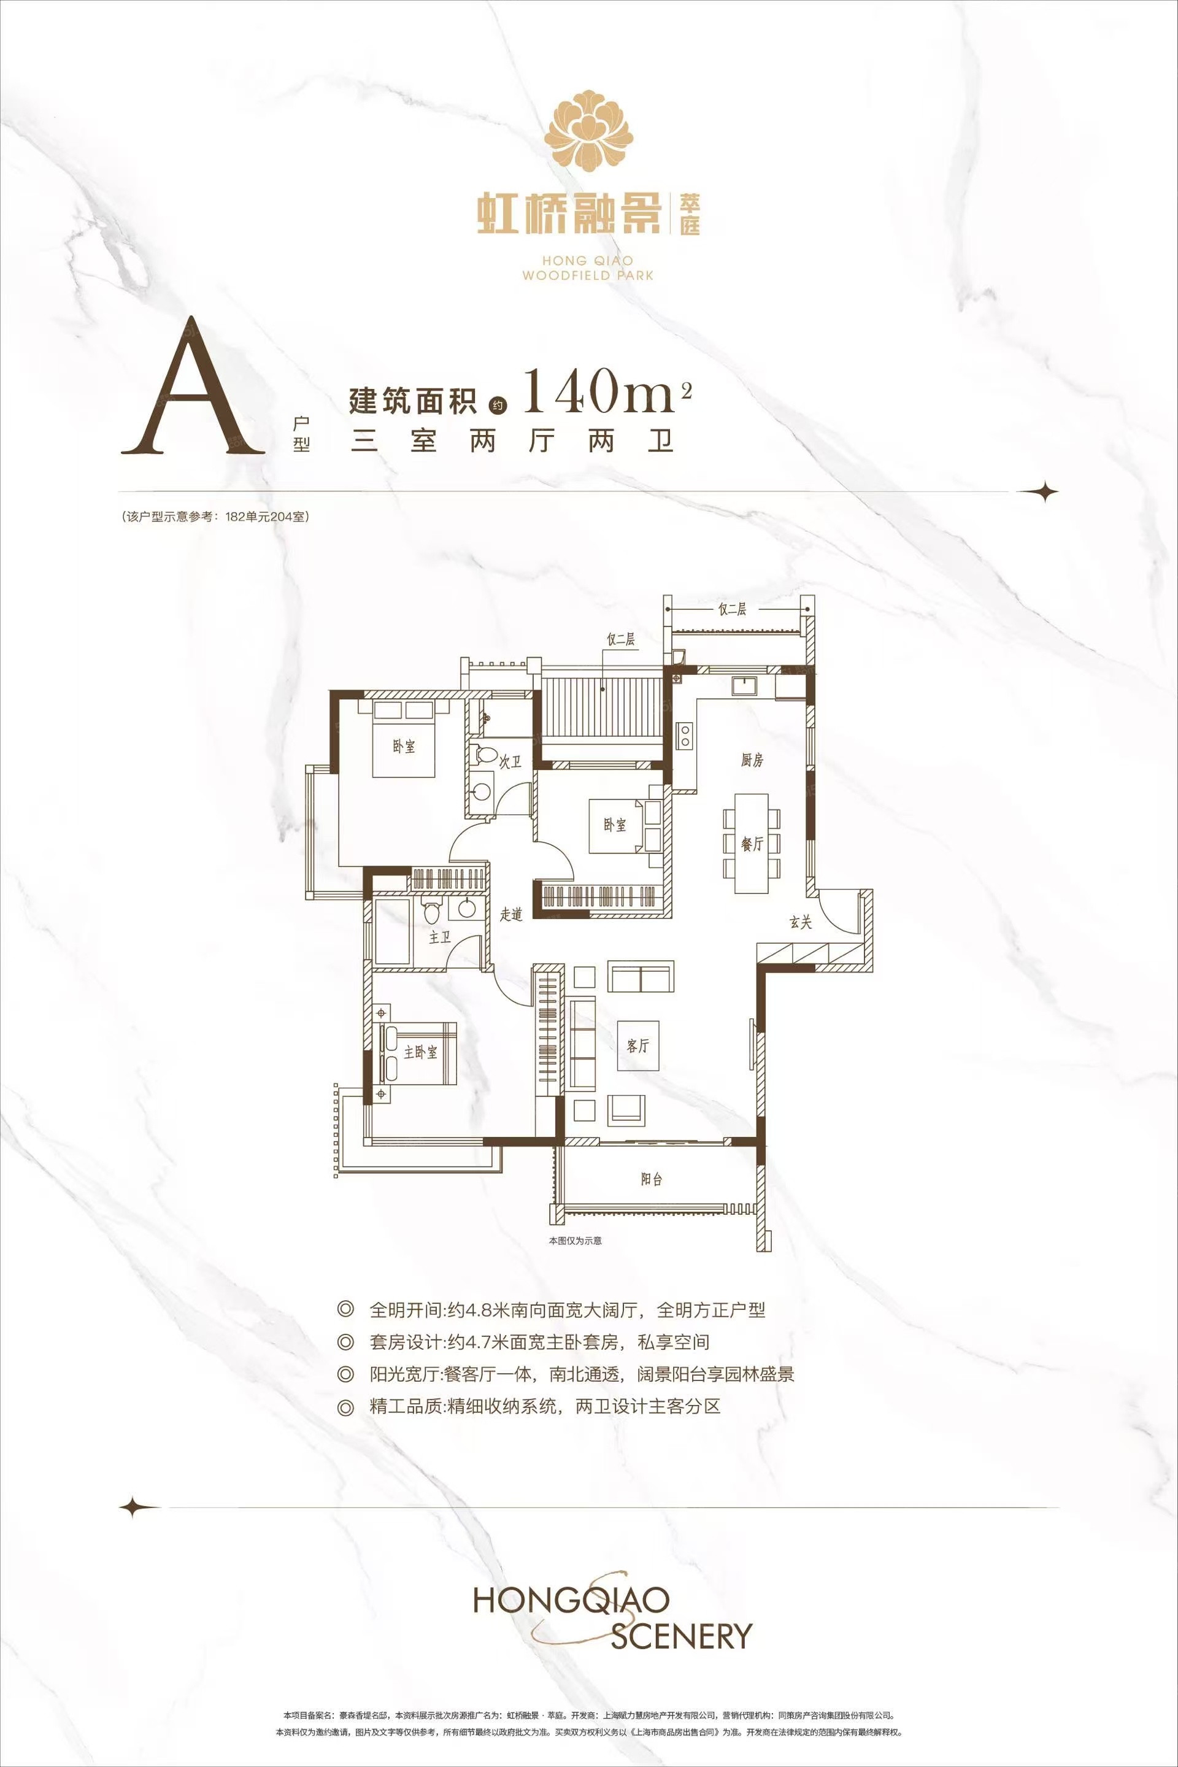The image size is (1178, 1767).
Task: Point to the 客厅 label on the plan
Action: [x=638, y=1045]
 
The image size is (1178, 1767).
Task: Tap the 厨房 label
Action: [x=752, y=760]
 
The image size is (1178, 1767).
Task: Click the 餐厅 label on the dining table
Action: [x=752, y=844]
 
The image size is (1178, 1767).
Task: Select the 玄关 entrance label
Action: [x=801, y=921]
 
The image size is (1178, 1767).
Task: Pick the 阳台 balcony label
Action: [x=652, y=1179]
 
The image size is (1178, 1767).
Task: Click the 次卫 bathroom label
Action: [x=511, y=763]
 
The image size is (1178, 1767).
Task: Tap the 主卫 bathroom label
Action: [x=439, y=937]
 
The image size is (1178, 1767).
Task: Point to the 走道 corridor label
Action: [x=511, y=914]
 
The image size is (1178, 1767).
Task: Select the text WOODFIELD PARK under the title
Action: [x=588, y=275]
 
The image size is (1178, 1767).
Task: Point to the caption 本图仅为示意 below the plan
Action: [x=576, y=1241]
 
